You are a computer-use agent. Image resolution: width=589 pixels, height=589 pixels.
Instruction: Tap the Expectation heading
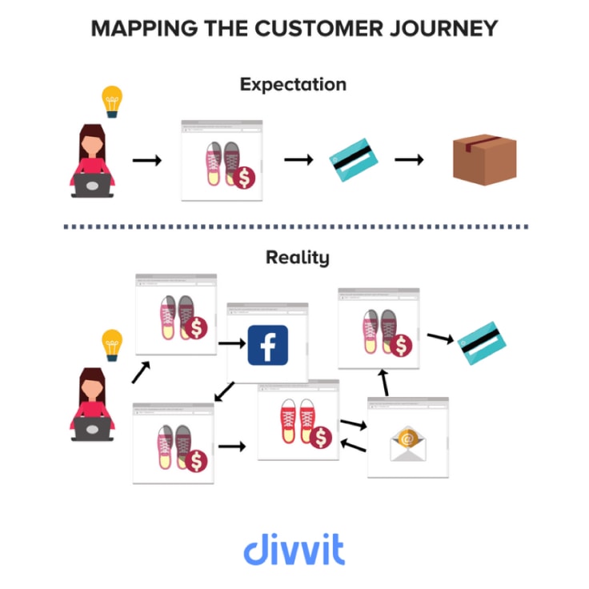pos(294,84)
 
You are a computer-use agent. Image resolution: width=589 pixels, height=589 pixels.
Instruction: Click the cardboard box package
pos(483,159)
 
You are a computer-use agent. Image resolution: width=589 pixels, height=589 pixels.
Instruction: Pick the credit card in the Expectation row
pos(354,160)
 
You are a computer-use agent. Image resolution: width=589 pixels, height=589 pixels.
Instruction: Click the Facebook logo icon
pos(267,345)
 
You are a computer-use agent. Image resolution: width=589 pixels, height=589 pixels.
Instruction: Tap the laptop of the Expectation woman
pos(91,186)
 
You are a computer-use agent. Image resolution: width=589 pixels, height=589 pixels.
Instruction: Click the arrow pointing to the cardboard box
pos(409,160)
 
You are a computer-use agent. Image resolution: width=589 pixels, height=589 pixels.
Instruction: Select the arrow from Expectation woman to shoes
pos(146,161)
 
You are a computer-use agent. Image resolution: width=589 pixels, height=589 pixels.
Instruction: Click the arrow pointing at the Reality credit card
pos(441,337)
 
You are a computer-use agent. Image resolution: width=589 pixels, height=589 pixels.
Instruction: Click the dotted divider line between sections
pos(294,226)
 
